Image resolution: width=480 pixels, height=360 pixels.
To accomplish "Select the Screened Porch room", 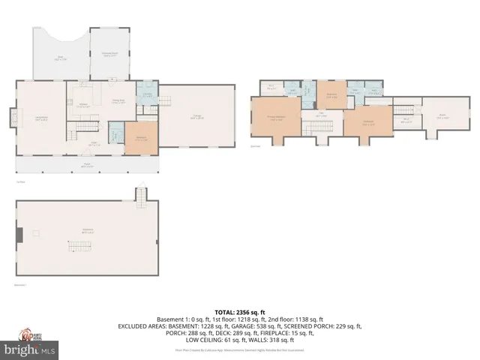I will (109, 54).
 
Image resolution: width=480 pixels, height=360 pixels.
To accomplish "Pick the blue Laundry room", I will (147, 95).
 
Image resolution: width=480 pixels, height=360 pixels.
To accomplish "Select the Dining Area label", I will (118, 101).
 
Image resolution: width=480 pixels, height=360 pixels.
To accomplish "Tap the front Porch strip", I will (86, 164).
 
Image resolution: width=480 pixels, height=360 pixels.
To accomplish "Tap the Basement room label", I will (87, 231).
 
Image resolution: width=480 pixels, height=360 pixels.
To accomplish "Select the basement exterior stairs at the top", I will (139, 196).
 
